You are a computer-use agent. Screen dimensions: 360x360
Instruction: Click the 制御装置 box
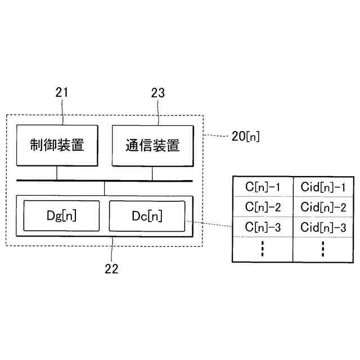tap(57, 145)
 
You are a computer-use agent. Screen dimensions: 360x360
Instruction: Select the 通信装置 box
tap(152, 145)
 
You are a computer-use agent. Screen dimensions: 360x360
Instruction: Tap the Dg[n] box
tap(61, 215)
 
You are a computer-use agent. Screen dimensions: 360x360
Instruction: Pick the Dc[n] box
tap(146, 215)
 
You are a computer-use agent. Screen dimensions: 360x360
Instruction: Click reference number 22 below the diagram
tap(112, 268)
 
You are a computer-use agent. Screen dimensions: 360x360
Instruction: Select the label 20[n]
tap(245, 136)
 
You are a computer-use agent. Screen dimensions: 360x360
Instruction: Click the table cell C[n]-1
tap(262, 186)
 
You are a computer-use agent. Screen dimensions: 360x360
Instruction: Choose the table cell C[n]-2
tap(262, 206)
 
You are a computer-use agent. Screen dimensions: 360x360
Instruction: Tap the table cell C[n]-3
tap(262, 227)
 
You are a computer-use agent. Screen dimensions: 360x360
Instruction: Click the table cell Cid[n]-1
tap(323, 186)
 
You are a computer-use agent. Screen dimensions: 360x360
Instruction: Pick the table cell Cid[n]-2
tap(323, 206)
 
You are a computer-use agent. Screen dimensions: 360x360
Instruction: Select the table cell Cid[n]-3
tap(323, 227)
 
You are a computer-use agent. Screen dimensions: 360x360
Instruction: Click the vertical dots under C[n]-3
tap(262, 249)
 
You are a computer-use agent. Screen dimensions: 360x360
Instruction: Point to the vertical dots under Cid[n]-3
tap(323, 249)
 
